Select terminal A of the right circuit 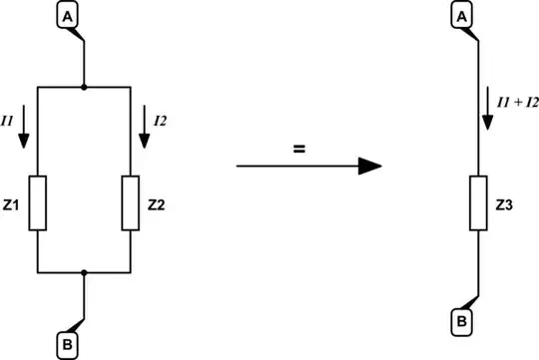[x=463, y=17]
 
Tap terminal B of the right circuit [x=463, y=322]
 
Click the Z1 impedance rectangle [x=37, y=202]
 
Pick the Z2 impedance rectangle [x=132, y=202]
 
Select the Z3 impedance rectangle [x=481, y=205]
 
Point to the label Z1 [x=13, y=204]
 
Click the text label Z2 [x=156, y=204]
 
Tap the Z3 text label [x=505, y=205]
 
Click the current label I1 [x=8, y=121]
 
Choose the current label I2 [x=161, y=120]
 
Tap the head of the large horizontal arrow [x=370, y=166]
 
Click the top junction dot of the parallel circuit [x=85, y=88]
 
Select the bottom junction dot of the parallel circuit [x=85, y=271]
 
